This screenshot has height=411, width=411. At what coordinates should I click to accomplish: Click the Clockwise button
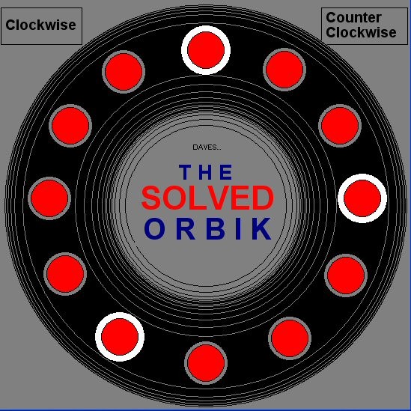(41, 26)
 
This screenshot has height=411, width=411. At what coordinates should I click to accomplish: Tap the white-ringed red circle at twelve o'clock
(206, 50)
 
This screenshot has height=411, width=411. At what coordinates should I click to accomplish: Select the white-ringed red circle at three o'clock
(362, 198)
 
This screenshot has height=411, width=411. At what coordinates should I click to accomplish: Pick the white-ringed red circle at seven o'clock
(120, 337)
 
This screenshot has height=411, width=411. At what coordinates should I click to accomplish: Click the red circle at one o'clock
(284, 70)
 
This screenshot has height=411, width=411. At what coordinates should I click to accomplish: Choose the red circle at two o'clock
(340, 126)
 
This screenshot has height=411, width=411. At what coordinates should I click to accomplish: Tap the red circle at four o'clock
(346, 275)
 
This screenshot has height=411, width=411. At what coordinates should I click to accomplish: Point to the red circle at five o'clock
(290, 338)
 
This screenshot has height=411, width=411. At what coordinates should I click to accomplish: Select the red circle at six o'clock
(206, 363)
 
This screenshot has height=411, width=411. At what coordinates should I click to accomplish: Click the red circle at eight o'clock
(65, 274)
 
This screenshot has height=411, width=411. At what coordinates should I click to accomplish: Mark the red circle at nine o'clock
(49, 198)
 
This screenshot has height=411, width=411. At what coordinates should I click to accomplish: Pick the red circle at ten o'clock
(70, 126)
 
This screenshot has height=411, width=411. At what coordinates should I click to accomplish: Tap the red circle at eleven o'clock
(124, 72)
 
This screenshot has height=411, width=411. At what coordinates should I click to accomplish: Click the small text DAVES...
(207, 147)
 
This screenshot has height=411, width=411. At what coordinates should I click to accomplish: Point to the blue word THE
(206, 172)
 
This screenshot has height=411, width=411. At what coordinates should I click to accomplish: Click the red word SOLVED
(208, 198)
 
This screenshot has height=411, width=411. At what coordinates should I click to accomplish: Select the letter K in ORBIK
(261, 228)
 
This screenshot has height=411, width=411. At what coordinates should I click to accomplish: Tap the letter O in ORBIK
(155, 228)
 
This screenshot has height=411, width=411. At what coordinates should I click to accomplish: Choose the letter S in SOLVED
(151, 198)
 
